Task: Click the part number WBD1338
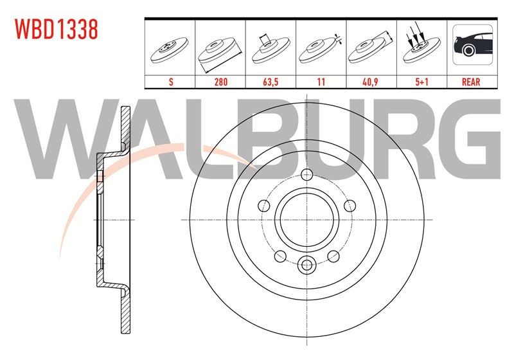point(57,29)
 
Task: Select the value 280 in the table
point(220,82)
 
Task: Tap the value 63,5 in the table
point(270,82)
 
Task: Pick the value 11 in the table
point(321,82)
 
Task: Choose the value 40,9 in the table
point(371,82)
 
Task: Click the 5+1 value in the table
point(421,82)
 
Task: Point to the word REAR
point(471,82)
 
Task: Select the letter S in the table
point(171,82)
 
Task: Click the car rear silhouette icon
point(472,44)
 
